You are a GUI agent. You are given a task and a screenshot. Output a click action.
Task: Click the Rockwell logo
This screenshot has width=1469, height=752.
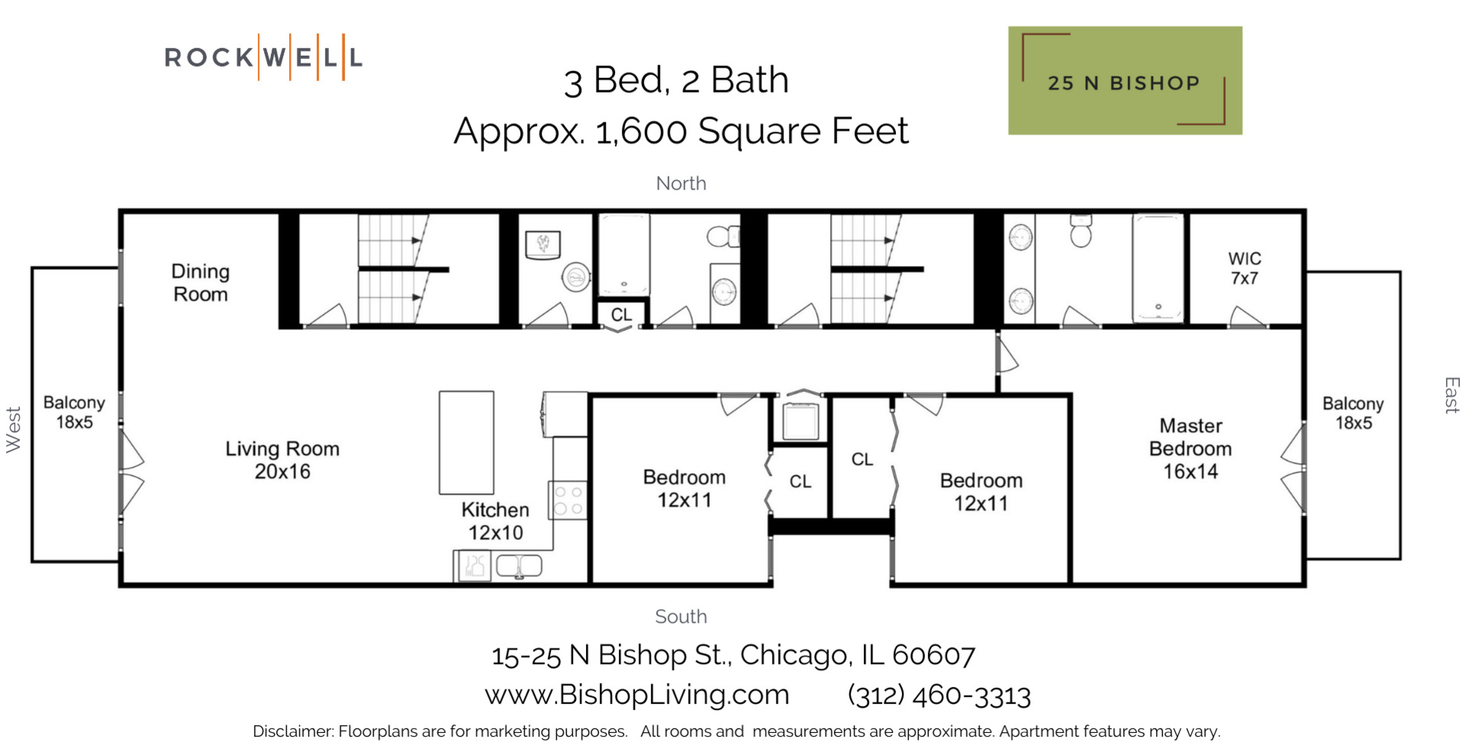pos(263,57)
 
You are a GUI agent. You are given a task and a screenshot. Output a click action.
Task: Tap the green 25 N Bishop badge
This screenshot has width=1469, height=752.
pos(1124,81)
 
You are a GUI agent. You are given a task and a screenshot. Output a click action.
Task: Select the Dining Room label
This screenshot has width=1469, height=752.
pos(200,283)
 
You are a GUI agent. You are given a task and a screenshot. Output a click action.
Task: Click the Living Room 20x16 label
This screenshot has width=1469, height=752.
pos(282,460)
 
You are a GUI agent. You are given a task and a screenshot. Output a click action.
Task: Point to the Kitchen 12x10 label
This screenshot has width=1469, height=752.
pos(495,521)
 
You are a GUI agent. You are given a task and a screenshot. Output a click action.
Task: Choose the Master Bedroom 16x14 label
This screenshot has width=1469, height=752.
pos(1190,448)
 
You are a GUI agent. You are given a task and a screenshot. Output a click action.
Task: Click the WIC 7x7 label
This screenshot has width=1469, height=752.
pos(1245,269)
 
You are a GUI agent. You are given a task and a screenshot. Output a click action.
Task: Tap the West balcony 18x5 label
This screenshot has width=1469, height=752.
pos(73,412)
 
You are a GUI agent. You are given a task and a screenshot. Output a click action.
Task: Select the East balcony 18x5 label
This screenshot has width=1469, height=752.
pos(1353,413)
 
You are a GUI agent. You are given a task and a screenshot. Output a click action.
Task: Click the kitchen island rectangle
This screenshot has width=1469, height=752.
pos(466,442)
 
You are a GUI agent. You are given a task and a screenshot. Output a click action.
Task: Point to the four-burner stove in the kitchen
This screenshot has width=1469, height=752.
pos(568,500)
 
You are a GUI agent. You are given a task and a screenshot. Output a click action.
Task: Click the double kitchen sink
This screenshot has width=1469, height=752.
pos(519,566)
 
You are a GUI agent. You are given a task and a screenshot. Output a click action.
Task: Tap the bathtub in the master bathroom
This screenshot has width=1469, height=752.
pos(1158,267)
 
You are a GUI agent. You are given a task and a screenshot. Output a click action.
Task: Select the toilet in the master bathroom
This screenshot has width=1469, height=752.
pos(1080,230)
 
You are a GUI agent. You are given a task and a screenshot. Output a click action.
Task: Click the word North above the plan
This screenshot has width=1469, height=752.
pos(680,184)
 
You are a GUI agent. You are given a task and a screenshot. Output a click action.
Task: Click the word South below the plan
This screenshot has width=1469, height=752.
pos(680,617)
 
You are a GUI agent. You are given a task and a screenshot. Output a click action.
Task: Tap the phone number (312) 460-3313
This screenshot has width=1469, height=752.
pos(939,695)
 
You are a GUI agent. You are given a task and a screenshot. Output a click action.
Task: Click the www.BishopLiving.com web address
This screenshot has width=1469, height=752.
pos(637,695)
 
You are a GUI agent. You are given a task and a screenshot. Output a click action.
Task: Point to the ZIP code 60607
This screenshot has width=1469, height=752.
pos(933,655)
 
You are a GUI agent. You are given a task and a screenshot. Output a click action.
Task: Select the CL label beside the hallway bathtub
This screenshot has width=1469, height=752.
pos(621,314)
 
